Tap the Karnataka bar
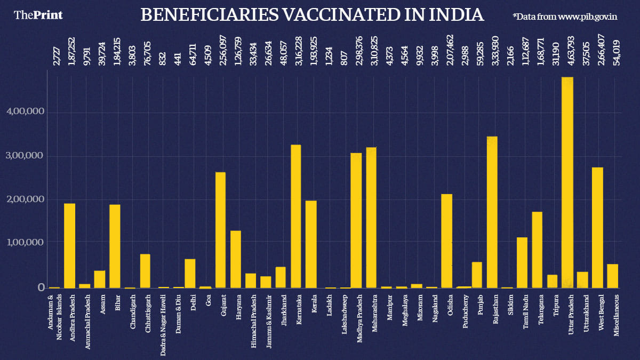295,216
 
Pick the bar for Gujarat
220,230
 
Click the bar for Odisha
447,241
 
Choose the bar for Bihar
115,246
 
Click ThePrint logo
38,15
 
